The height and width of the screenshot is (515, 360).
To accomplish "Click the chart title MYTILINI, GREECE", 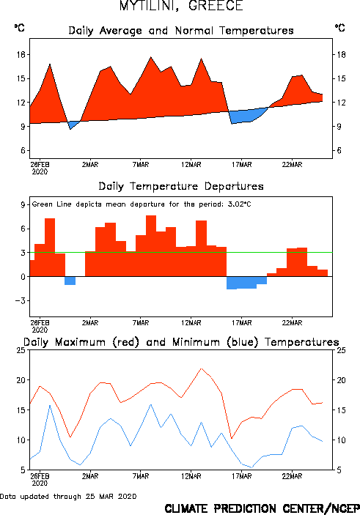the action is pyautogui.click(x=181, y=6).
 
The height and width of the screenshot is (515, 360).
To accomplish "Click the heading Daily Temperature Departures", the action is pyautogui.click(x=181, y=187).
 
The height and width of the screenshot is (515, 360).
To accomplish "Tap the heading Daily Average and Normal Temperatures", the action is pyautogui.click(x=181, y=31).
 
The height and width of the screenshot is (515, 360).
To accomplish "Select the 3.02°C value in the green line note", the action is pyautogui.click(x=239, y=204).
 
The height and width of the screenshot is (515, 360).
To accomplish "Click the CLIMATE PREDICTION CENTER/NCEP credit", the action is pyautogui.click(x=262, y=508).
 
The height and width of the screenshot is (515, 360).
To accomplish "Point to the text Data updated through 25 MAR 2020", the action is pyautogui.click(x=68, y=496).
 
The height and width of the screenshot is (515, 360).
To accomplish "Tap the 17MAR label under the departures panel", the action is pyautogui.click(x=242, y=323).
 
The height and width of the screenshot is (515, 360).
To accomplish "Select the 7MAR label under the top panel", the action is pyautogui.click(x=141, y=165).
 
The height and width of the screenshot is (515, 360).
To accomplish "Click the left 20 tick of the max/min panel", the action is pyautogui.click(x=21, y=380).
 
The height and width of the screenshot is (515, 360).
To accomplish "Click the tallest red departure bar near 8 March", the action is pyautogui.click(x=151, y=245).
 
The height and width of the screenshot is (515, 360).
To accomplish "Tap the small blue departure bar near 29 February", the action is pyautogui.click(x=70, y=281).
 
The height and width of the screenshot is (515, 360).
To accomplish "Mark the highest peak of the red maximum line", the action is pyautogui.click(x=201, y=368).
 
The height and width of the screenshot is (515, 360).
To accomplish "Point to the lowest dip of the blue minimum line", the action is pyautogui.click(x=251, y=467).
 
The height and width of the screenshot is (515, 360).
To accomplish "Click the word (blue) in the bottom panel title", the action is pyautogui.click(x=242, y=342).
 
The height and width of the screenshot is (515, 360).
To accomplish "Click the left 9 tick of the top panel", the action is pyautogui.click(x=23, y=127).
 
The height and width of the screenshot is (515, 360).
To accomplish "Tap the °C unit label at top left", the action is pyautogui.click(x=19, y=28).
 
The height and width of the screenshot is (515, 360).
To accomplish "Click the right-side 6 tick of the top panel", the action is pyautogui.click(x=339, y=150).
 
